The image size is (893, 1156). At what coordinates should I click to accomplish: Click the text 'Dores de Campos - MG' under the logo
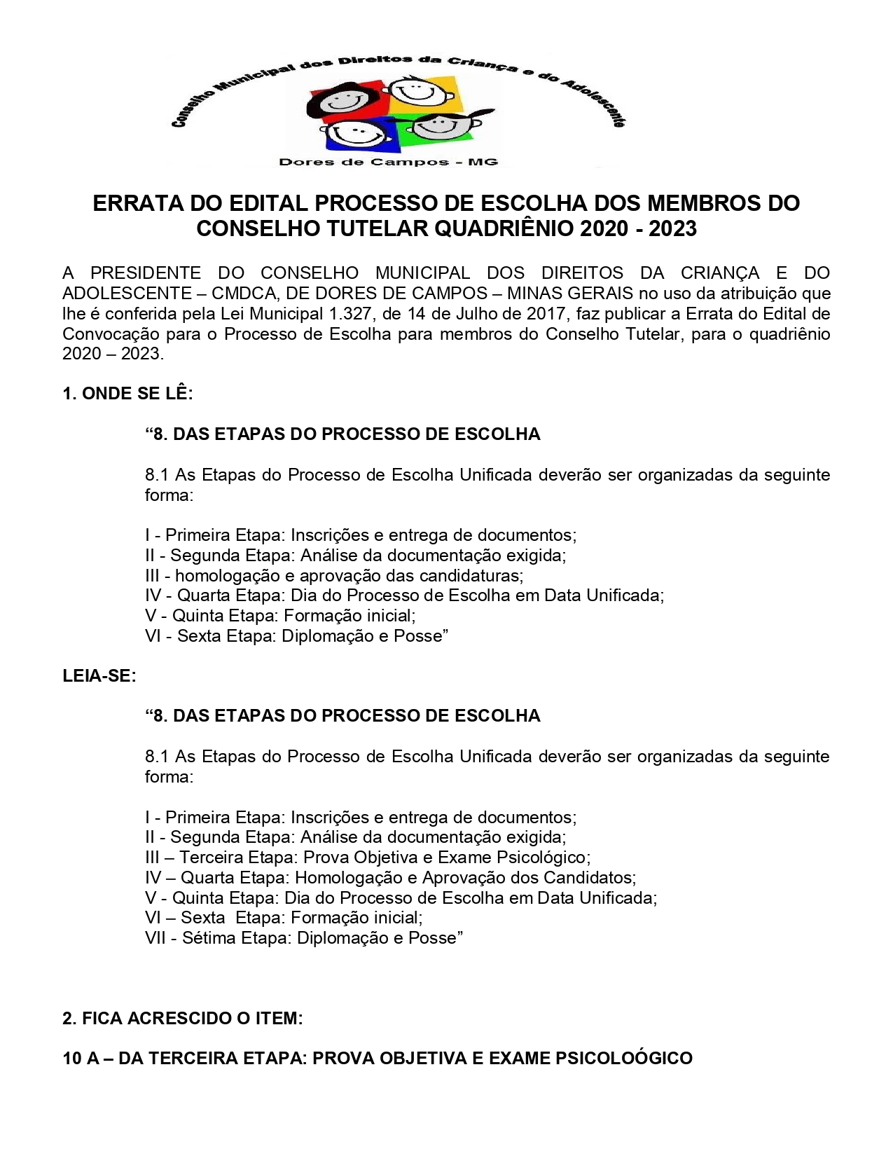389,163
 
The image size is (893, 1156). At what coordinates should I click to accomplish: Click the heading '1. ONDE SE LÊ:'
127,394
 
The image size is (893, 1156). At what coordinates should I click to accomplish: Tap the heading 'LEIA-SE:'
99,676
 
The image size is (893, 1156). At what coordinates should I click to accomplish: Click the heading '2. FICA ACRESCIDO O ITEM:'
183,1018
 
